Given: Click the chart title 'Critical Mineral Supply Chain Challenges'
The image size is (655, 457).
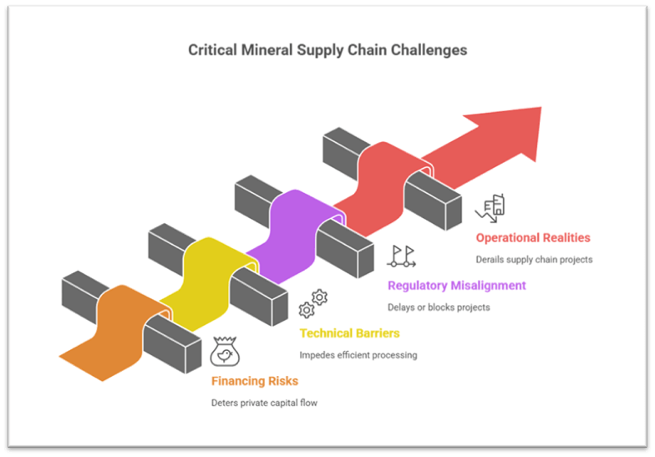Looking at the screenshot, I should point(327,50).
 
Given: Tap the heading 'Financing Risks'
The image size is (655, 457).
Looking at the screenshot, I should point(254,381).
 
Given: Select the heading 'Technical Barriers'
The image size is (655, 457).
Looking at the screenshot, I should point(349,333).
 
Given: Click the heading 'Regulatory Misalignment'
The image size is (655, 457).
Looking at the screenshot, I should point(456,286).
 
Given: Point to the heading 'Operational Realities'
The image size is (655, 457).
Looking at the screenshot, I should point(533,238).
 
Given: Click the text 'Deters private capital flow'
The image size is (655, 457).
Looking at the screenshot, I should point(266,403).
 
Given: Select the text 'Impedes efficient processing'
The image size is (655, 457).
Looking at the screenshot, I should point(358,355).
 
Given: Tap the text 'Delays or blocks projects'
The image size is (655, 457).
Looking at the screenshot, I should point(439,307).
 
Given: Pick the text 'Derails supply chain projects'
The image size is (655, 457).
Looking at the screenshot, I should point(534,260).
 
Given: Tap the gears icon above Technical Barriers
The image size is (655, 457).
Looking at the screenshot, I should point(313,303).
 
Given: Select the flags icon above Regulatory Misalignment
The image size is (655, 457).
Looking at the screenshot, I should point(401,256).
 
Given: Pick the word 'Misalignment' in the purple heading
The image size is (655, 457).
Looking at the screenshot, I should point(489,286).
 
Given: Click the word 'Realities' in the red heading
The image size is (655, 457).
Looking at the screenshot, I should point(564,238).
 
